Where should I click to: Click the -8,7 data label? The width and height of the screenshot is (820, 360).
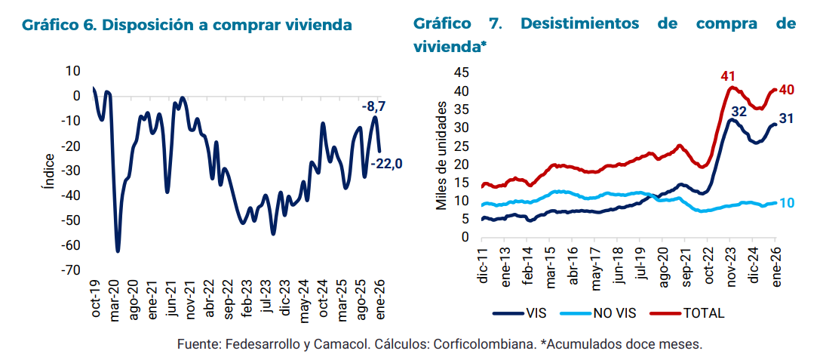pos(374,107)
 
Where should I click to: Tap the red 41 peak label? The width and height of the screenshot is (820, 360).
pos(728,76)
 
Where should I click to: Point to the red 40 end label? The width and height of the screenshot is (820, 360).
pos(787,90)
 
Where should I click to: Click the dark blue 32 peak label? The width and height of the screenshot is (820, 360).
pos(739,112)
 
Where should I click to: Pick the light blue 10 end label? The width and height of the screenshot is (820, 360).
pos(787,203)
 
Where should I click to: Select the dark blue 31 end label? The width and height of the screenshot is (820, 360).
pos(786,118)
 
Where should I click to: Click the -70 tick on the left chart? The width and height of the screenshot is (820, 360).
pos(72,270)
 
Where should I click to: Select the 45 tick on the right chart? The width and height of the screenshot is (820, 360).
pos(461,72)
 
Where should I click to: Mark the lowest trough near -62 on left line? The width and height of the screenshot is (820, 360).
pos(118,250)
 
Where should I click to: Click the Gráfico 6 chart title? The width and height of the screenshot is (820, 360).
pos(187,25)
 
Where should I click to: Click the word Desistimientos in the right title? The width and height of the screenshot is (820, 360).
pos(582,24)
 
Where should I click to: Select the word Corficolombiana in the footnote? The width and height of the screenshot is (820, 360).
pos(492,344)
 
